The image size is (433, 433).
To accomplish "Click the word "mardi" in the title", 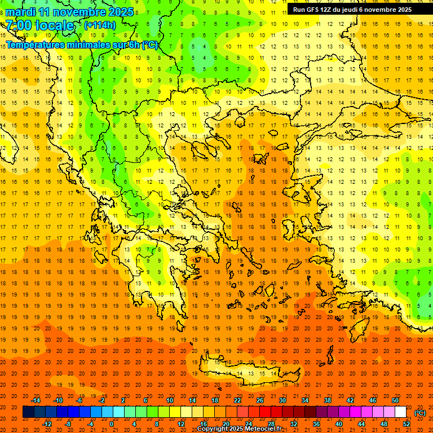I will coord(19,12).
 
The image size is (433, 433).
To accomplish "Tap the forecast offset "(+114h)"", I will coord(100,25).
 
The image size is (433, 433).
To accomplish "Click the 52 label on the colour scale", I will coord(407,424).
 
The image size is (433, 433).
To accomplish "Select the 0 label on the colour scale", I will coord(112,424).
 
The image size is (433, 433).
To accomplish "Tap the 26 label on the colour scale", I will coord(260,400).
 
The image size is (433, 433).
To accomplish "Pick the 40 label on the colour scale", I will coord(339,424).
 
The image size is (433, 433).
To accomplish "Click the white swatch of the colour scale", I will coord(401,412).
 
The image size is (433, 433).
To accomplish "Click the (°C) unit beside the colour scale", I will coord(420,413).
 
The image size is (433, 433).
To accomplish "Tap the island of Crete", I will coord(248,373).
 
